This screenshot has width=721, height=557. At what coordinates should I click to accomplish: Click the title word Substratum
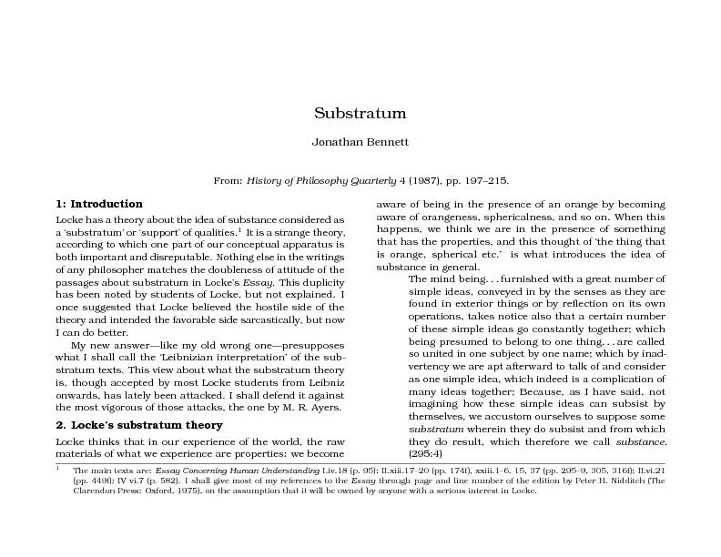(x=360, y=114)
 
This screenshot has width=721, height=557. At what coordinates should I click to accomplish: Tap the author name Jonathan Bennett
(x=360, y=143)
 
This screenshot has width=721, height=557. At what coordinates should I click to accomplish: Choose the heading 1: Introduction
(x=99, y=204)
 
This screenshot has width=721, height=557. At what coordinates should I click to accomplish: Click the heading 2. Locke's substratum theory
(x=127, y=425)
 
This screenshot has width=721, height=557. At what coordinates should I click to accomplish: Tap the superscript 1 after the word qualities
(x=239, y=230)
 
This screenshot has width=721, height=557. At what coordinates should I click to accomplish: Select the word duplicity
(x=319, y=283)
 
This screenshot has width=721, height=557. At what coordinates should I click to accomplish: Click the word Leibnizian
(x=188, y=360)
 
